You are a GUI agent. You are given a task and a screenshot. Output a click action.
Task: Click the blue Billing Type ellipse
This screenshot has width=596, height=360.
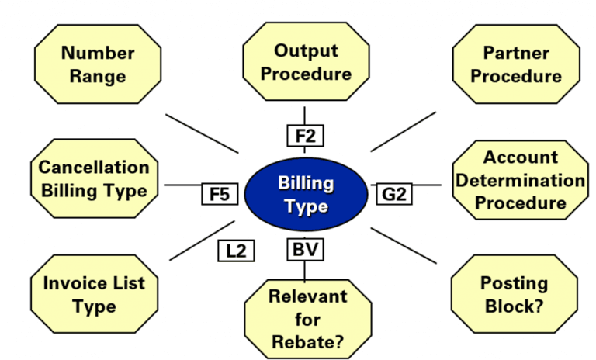(x=306, y=195)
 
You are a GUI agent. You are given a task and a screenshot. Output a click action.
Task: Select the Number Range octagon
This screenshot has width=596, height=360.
(x=99, y=64)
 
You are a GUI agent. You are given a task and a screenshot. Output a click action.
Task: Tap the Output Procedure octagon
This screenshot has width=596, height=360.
(x=306, y=62)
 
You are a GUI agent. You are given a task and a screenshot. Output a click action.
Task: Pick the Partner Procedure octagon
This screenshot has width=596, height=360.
(x=515, y=64)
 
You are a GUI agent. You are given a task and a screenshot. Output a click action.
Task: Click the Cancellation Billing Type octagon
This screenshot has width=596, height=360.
(x=93, y=178)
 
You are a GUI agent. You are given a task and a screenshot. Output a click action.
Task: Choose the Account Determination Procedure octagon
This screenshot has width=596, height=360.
(x=520, y=180)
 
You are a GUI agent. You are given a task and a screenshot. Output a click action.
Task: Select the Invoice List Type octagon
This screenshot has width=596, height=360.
(x=94, y=294)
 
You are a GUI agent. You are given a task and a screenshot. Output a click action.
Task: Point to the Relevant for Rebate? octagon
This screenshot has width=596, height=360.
(x=307, y=318)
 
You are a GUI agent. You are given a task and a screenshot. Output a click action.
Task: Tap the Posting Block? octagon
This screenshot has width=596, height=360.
(x=514, y=294)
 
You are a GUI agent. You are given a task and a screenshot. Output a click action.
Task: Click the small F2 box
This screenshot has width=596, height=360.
(x=306, y=136)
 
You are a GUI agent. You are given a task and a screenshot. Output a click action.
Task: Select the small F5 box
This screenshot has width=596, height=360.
(x=220, y=193)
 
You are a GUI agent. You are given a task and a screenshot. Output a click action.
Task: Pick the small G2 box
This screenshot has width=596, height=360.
(x=394, y=193)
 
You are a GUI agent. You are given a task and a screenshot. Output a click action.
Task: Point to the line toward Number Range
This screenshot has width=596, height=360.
(x=202, y=133)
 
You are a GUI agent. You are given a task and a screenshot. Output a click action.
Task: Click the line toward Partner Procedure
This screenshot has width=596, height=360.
(x=404, y=131)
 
